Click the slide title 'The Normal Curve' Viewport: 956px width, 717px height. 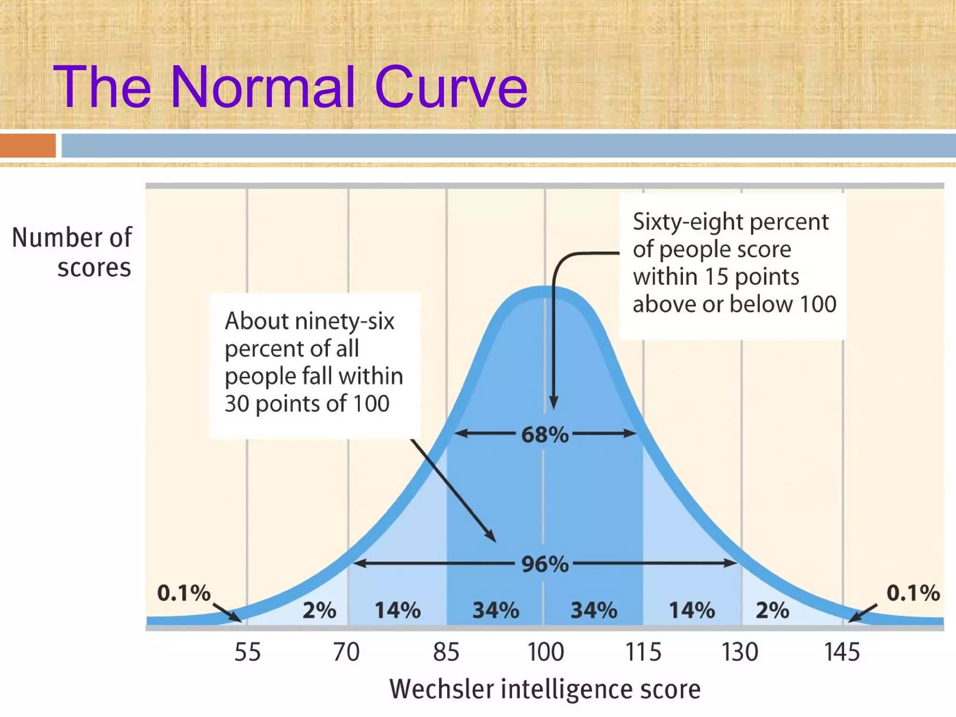pyautogui.click(x=290, y=87)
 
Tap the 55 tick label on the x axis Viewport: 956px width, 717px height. pyautogui.click(x=247, y=652)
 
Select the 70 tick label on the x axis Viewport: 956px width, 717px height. pyautogui.click(x=346, y=652)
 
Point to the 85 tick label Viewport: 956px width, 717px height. pyautogui.click(x=446, y=652)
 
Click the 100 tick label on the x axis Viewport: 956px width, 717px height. pyautogui.click(x=545, y=652)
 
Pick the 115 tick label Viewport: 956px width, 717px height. pyautogui.click(x=643, y=652)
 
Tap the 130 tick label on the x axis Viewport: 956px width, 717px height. pyautogui.click(x=740, y=652)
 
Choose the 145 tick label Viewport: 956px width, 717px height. pyautogui.click(x=842, y=652)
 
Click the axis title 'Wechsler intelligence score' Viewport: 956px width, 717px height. pyautogui.click(x=545, y=689)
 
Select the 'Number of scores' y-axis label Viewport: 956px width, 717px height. pyautogui.click(x=72, y=252)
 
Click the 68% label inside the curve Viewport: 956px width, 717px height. pyautogui.click(x=545, y=435)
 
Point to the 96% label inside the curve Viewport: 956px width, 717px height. pyautogui.click(x=545, y=564)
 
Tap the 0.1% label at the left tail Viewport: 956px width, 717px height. pyautogui.click(x=184, y=593)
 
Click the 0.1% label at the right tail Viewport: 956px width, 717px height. pyautogui.click(x=913, y=593)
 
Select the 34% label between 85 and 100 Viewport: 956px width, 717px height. pyautogui.click(x=496, y=610)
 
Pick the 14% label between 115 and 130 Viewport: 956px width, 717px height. pyautogui.click(x=692, y=610)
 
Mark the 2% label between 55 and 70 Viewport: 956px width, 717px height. pyautogui.click(x=319, y=610)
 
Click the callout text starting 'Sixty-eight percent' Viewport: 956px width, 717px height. pyautogui.click(x=734, y=263)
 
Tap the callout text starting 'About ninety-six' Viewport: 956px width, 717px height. pyautogui.click(x=314, y=362)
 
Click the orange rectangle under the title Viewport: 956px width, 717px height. pyautogui.click(x=28, y=146)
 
